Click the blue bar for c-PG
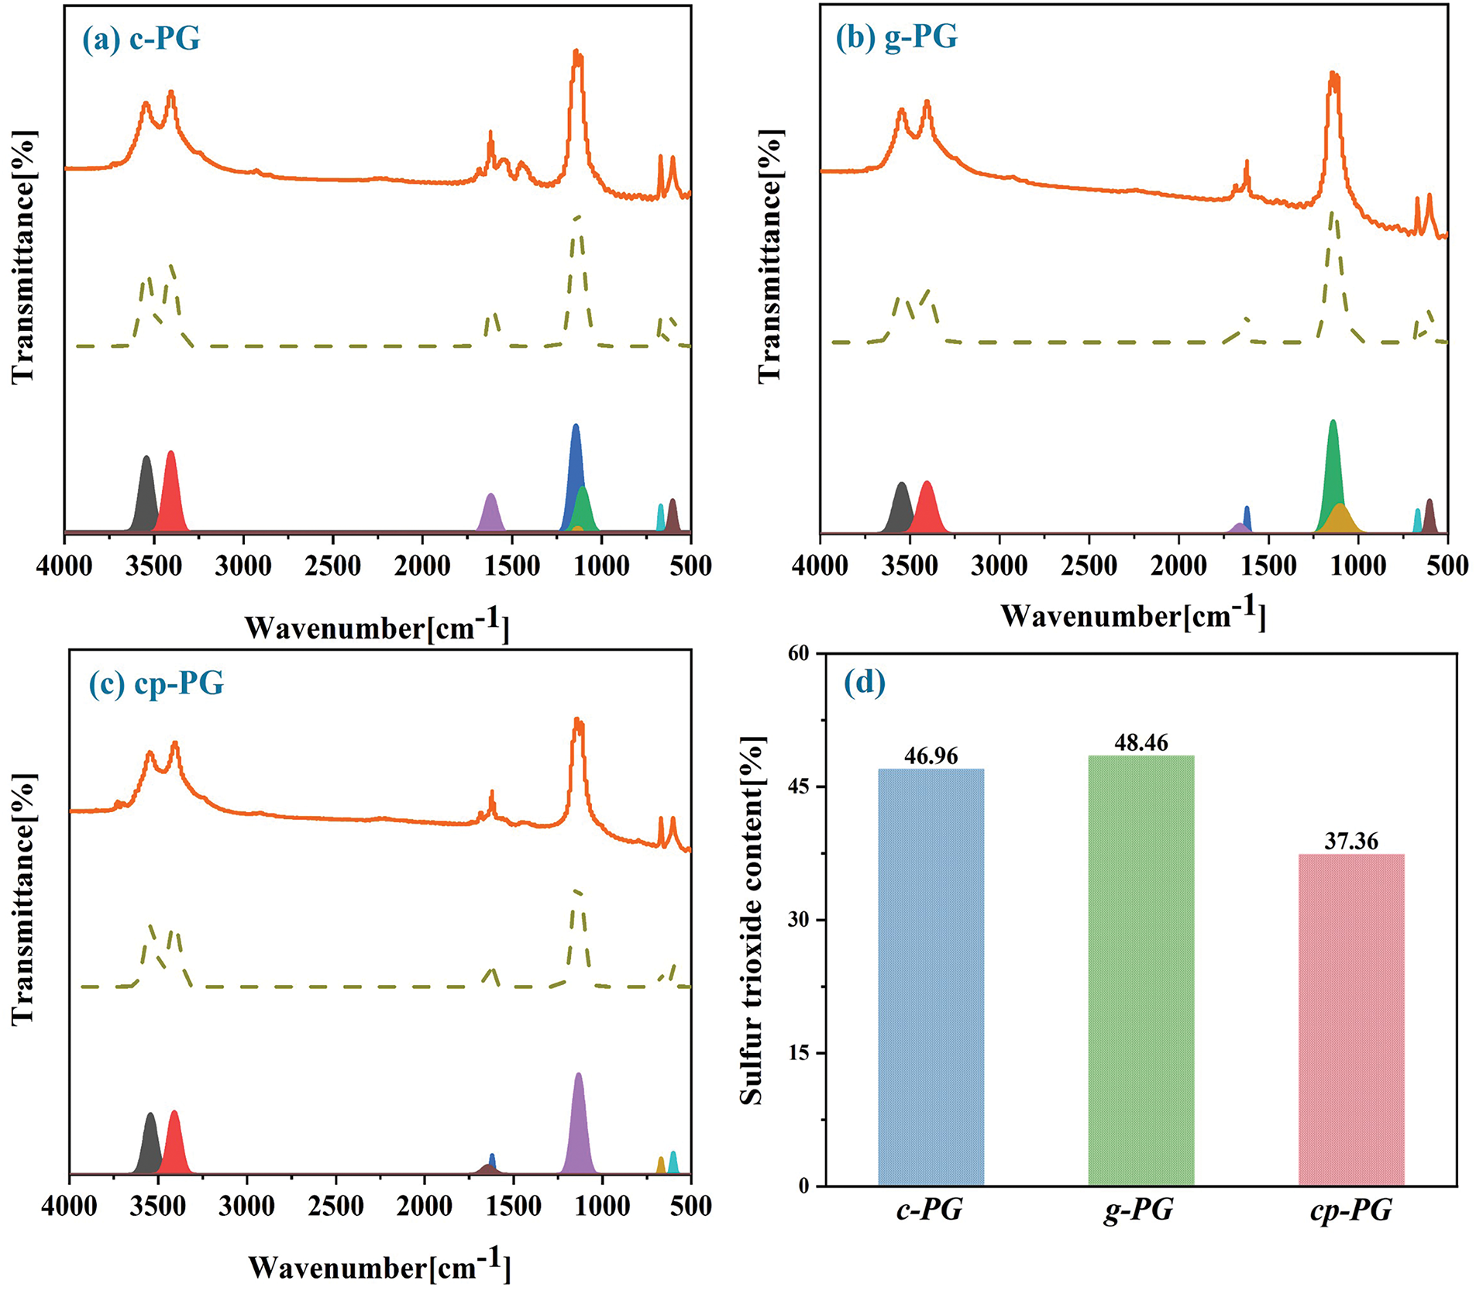click(x=931, y=976)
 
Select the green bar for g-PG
click(x=1141, y=969)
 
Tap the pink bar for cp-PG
click(x=1350, y=1019)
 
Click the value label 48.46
click(x=1141, y=742)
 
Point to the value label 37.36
click(x=1350, y=841)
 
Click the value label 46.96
click(x=931, y=756)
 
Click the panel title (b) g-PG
click(x=896, y=36)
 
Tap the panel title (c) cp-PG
click(x=157, y=683)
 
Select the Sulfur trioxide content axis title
click(x=752, y=920)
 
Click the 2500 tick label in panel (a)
click(x=332, y=566)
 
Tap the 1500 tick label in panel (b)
click(x=1268, y=566)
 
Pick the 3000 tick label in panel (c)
click(x=246, y=1206)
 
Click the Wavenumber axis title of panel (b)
click(x=1133, y=616)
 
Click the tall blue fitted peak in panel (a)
click(x=575, y=465)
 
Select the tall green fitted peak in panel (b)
click(x=1332, y=465)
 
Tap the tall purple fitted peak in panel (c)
click(x=578, y=1124)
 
